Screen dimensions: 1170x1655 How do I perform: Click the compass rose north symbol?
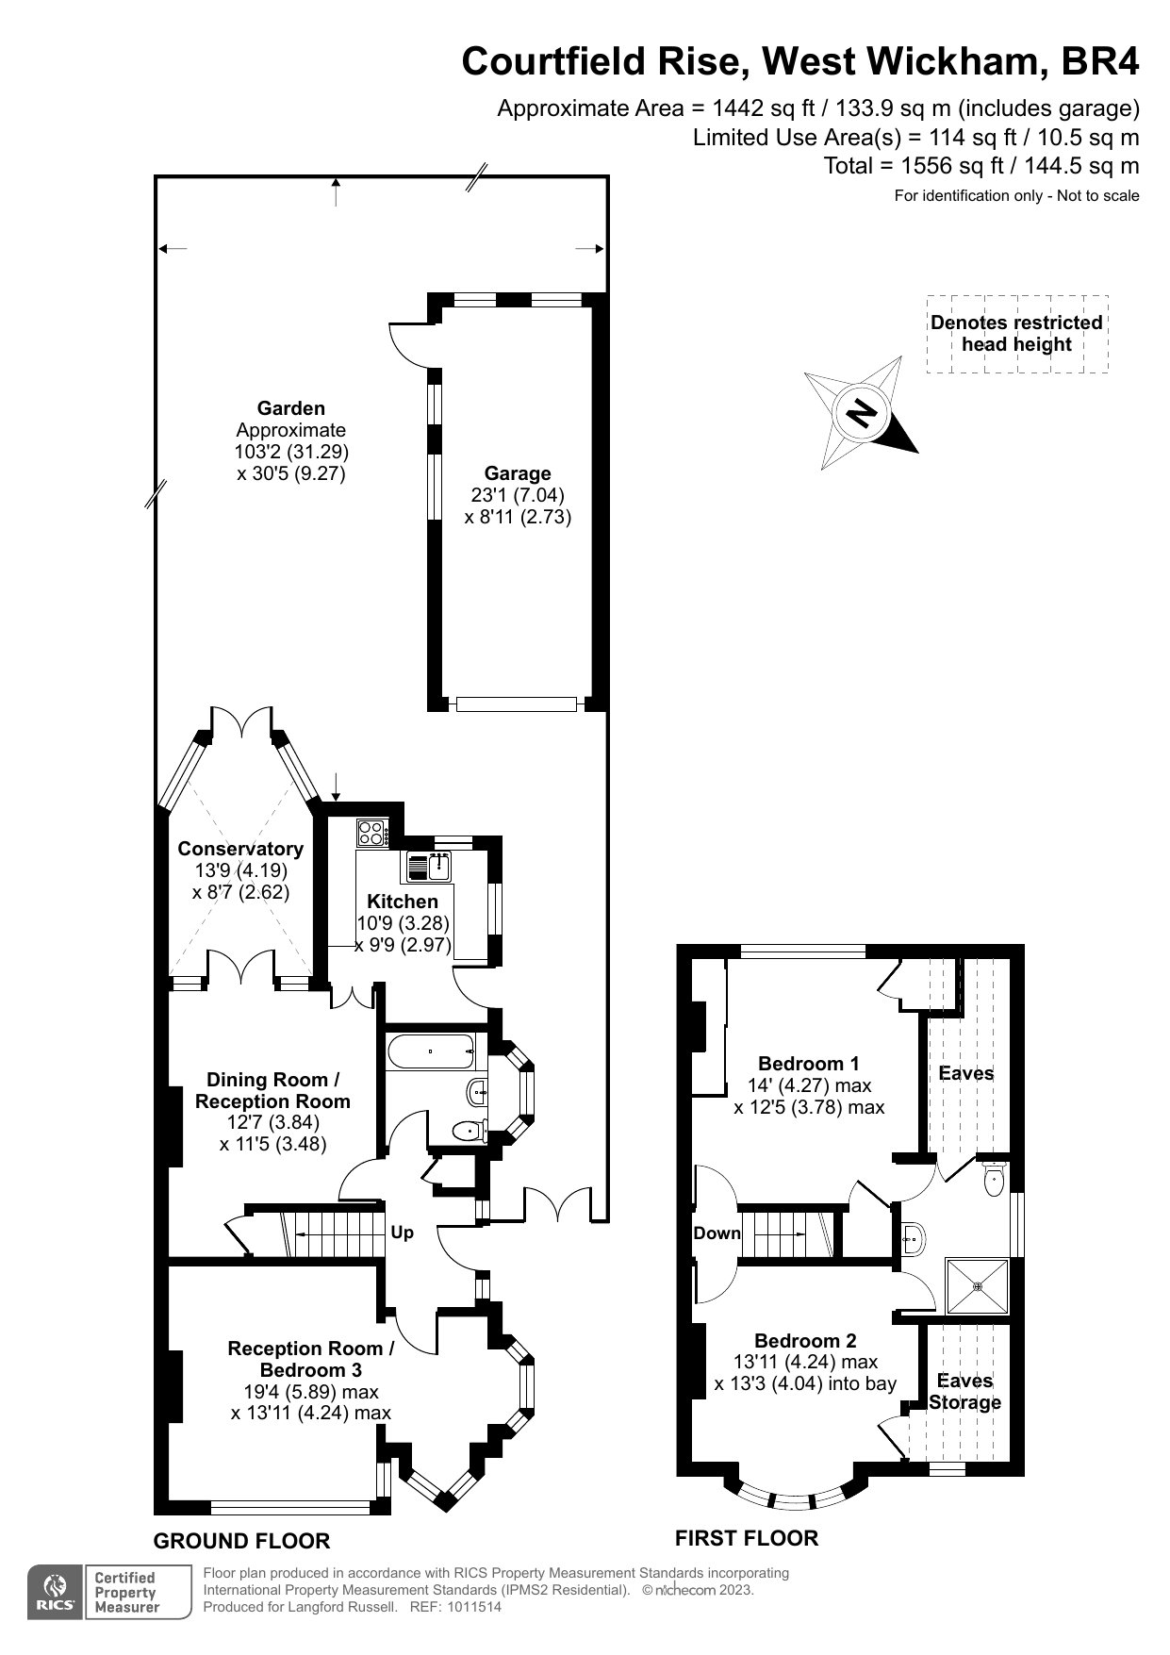[x=861, y=412]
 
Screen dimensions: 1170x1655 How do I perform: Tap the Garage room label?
[x=518, y=473]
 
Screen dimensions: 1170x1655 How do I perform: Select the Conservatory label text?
[x=240, y=849]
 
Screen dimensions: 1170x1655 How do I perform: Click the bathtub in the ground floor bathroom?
[x=430, y=1051]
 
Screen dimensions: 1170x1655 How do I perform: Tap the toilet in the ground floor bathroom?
[x=469, y=1129]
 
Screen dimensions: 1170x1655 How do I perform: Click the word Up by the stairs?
[x=402, y=1233]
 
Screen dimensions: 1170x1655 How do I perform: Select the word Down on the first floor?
[x=717, y=1233]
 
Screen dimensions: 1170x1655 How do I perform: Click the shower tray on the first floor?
[x=978, y=1284]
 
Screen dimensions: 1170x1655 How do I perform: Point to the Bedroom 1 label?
[x=809, y=1064]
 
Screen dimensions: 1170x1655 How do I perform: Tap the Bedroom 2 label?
[x=805, y=1340]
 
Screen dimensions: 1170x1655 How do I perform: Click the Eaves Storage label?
[x=965, y=1391]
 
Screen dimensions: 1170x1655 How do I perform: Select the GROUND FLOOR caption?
[x=241, y=1541]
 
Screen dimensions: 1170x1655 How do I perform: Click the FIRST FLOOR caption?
[x=747, y=1538]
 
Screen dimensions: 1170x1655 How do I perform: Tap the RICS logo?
[x=56, y=1593]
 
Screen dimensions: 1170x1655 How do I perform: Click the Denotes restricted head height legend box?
[x=1017, y=334]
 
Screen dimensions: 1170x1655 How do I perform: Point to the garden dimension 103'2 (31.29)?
[x=291, y=452]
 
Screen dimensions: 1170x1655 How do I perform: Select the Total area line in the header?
[x=981, y=166]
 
